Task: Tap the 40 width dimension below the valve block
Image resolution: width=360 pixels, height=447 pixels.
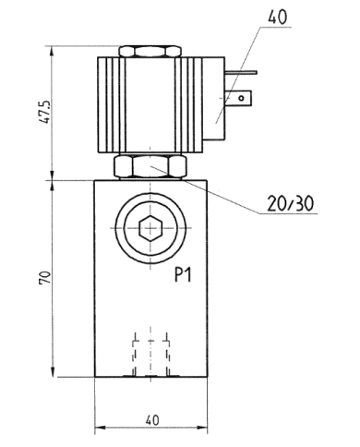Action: click(152, 419)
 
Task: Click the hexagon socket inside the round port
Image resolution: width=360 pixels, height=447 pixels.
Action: click(151, 227)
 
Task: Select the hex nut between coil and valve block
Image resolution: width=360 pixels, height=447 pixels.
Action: click(151, 167)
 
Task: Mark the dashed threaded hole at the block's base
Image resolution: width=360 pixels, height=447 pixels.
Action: click(151, 351)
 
